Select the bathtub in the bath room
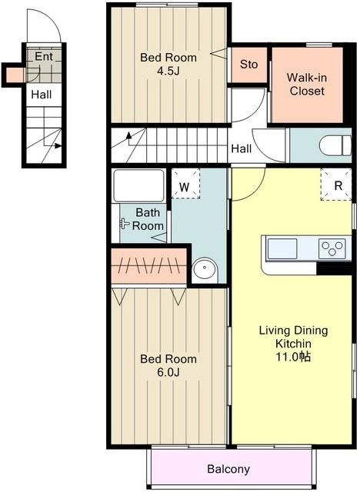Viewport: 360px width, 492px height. coord(138,186)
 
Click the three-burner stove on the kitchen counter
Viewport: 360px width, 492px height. coord(332,248)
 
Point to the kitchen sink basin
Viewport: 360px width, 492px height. coord(282,249)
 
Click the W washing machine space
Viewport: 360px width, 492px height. coord(185,184)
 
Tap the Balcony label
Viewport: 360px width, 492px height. coord(228,469)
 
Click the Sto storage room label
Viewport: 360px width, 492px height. coord(249,65)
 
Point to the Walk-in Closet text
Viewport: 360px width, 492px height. coord(307,84)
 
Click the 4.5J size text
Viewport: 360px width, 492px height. coord(168,71)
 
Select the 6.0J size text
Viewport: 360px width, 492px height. coord(168,372)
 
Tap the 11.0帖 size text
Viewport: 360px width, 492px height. coord(293,357)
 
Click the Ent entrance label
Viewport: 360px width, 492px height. coord(44,56)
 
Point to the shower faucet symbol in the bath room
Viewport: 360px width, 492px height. coord(125,224)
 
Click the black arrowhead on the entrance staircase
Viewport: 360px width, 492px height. coord(58,145)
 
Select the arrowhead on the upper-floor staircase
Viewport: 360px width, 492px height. coord(128,135)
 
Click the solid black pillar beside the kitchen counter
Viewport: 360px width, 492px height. coord(334,268)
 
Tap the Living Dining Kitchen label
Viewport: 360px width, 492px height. coord(293,337)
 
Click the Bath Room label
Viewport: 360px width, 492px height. coord(148,219)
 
